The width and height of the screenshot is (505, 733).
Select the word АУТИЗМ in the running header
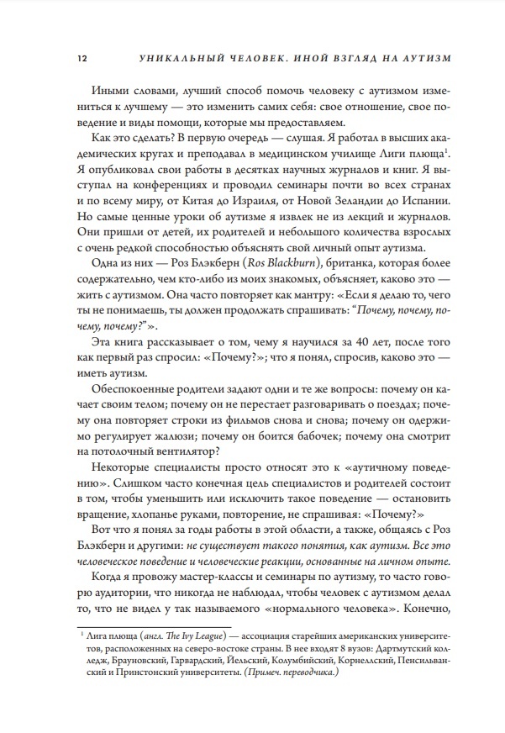423,58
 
